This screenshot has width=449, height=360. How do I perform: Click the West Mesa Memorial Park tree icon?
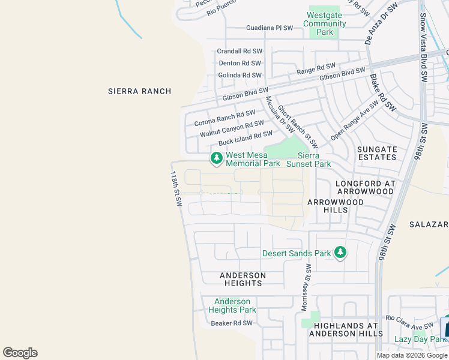coord(216,158)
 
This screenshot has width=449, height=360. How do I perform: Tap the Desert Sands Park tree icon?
coord(340,253)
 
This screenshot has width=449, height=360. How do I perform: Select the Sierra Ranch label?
coord(139,91)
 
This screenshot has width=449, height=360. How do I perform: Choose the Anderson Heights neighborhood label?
coord(242,279)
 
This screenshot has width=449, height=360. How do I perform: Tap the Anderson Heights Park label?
coord(232,305)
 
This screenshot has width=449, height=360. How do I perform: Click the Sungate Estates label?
coord(377,153)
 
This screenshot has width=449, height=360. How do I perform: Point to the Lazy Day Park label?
coord(418,339)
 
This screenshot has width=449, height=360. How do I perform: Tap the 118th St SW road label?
coord(175,189)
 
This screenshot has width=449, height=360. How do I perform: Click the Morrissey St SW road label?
coord(306,287)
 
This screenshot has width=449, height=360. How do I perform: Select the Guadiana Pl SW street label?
coord(270,28)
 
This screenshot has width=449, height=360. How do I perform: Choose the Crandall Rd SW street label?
coord(240,52)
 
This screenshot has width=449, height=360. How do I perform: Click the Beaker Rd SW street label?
coord(232,323)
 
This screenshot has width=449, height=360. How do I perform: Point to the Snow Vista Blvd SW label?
coord(423,48)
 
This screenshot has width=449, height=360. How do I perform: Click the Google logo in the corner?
coord(20,353)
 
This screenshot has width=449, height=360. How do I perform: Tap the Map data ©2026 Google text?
coord(411,355)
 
